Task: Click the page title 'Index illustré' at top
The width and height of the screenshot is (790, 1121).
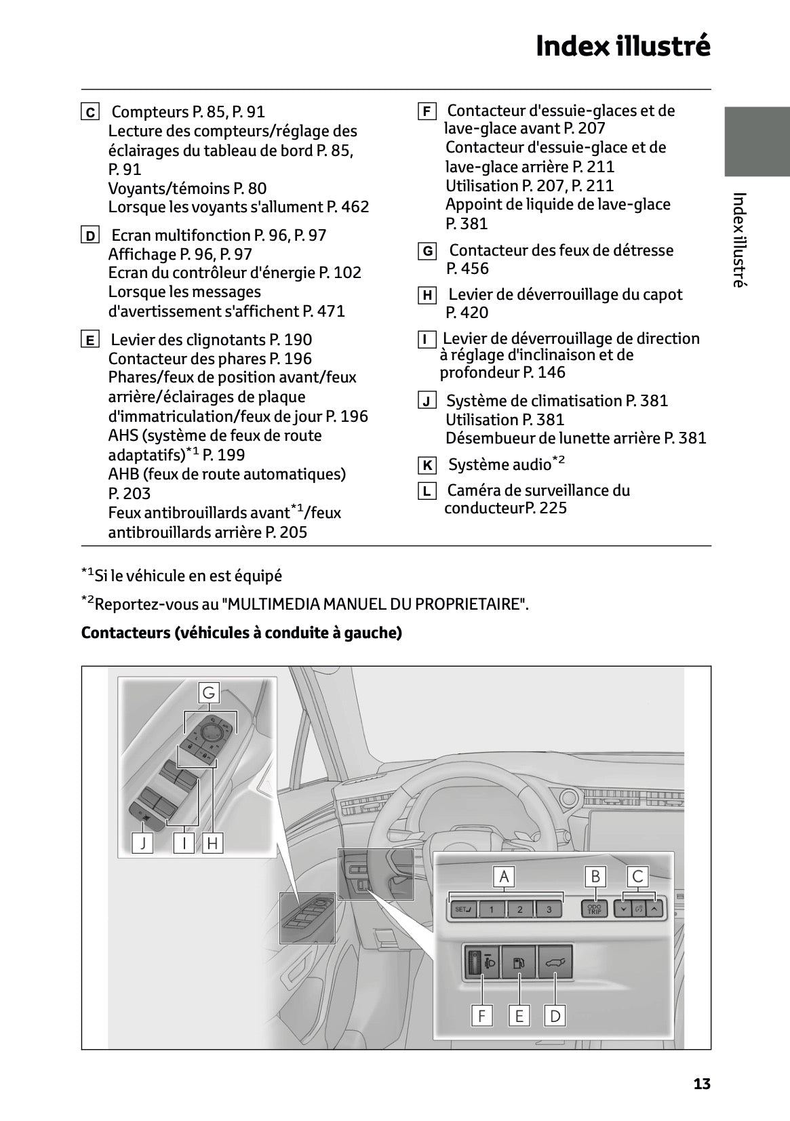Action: click(623, 46)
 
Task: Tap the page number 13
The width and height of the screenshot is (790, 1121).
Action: click(702, 1084)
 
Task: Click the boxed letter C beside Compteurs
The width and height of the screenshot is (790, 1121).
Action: click(90, 112)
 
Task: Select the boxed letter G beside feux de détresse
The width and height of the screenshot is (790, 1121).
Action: click(427, 251)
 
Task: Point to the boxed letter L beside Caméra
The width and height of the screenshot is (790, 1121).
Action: click(427, 491)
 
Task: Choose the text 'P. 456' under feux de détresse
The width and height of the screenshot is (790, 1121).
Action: click(467, 269)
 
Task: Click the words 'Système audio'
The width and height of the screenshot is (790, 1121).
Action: click(500, 465)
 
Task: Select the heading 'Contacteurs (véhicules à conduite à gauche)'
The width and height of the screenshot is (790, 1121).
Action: click(241, 633)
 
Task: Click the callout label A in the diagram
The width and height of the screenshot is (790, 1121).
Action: click(504, 877)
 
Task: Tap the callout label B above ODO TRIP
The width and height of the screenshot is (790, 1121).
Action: click(595, 877)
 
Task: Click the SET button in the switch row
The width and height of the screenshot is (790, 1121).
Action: click(464, 909)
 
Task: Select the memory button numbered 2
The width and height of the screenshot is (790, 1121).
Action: click(520, 909)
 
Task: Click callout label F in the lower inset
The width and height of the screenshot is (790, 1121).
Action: click(481, 1015)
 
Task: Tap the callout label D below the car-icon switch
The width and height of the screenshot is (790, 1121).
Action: click(555, 1015)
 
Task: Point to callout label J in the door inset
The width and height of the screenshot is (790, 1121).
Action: click(142, 843)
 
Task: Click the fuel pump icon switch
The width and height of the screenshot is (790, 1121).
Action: click(519, 962)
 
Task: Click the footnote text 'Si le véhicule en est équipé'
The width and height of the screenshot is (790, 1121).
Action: click(188, 576)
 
